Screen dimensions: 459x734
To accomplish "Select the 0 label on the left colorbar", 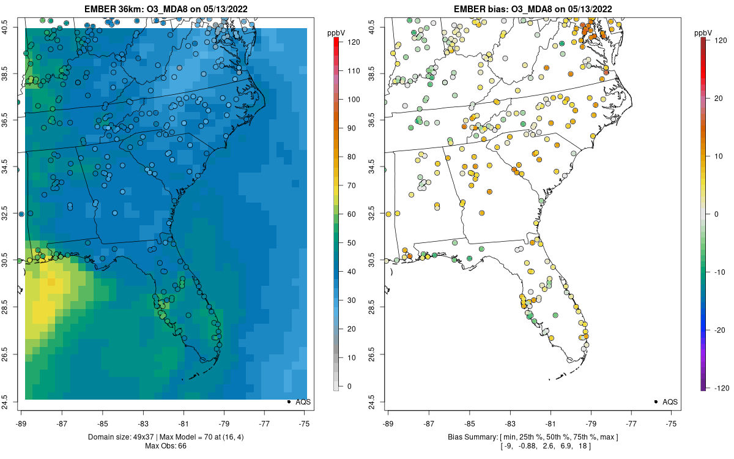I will click(x=350, y=386).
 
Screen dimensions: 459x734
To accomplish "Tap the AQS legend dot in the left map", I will click(x=288, y=401).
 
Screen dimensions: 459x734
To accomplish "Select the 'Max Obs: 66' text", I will click(x=166, y=446).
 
